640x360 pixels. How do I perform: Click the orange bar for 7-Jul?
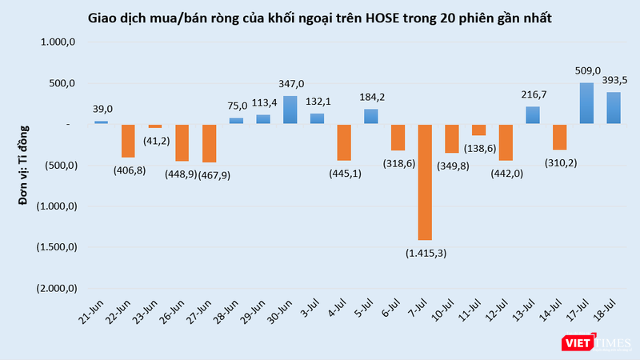click(425, 182)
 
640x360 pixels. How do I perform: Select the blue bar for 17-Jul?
click(586, 103)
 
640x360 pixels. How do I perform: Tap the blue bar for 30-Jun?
click(290, 110)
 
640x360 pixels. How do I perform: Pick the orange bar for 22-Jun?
click(128, 141)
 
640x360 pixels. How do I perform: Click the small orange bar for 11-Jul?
click(478, 130)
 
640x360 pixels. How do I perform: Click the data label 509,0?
click(586, 70)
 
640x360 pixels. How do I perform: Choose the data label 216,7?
click(532, 94)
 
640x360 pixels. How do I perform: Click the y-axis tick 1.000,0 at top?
click(59, 42)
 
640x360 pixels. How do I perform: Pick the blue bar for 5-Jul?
click(371, 117)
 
